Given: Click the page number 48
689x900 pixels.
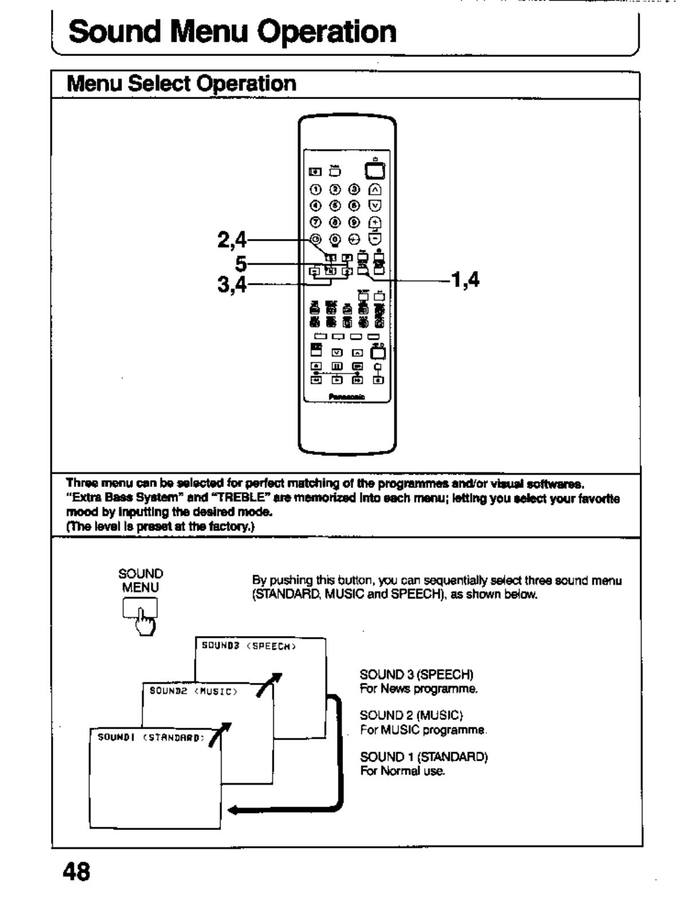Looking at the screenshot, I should (77, 872).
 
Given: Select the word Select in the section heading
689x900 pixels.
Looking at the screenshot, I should (160, 84).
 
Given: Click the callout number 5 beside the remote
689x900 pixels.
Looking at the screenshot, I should (241, 264).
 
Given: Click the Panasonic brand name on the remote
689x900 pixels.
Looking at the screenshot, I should (347, 396).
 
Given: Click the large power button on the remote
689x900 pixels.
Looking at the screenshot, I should (375, 171).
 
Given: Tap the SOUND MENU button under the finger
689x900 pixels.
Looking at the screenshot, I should (139, 608).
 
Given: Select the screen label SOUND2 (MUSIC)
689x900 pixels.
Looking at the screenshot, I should (193, 691).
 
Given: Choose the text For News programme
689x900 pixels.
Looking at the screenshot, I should (418, 689).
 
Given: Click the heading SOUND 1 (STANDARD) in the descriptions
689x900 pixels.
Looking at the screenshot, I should (423, 757).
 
